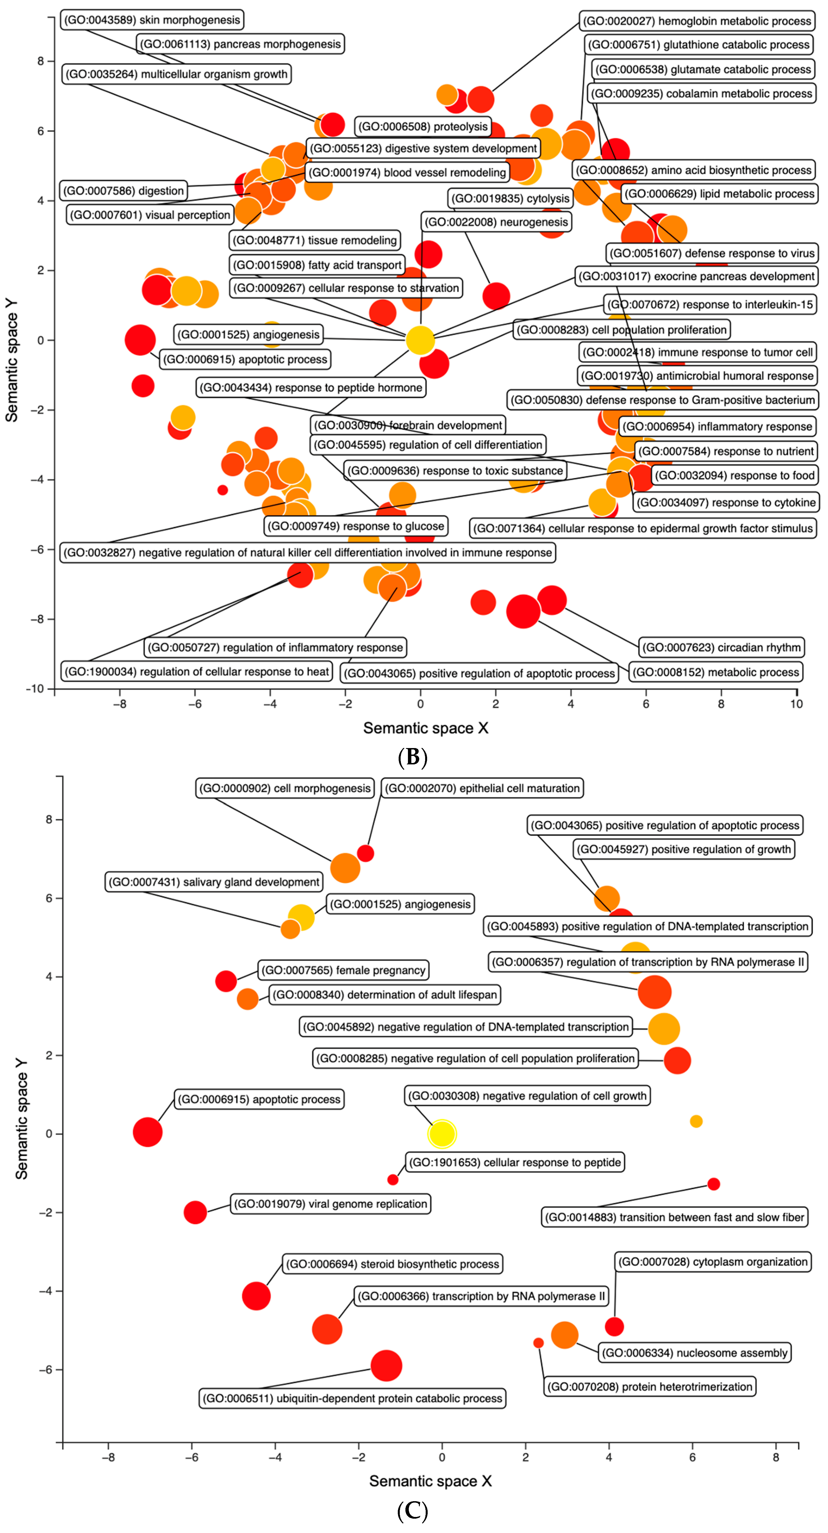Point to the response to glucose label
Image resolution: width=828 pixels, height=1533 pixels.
tap(355, 526)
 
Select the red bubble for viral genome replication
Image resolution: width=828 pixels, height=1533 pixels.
tap(195, 1212)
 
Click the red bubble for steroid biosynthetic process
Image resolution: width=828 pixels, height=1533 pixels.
tap(256, 1296)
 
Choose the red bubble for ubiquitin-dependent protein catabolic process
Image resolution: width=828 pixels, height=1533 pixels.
tap(386, 1365)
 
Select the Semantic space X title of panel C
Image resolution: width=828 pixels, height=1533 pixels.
tap(430, 1481)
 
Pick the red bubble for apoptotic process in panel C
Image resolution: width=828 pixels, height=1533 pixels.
tap(148, 1131)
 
